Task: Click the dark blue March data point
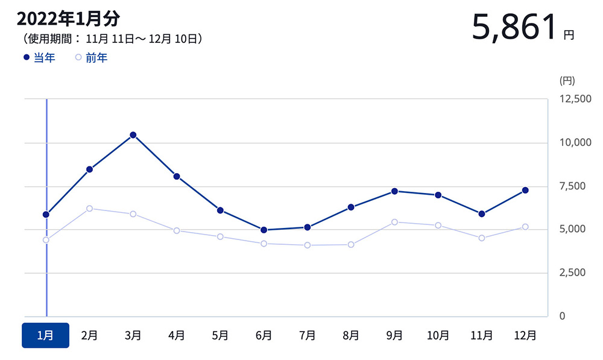(133, 135)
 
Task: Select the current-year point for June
(264, 230)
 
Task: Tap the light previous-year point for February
(89, 209)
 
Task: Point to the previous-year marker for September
(394, 222)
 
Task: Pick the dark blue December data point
(525, 191)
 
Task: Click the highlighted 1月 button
(46, 335)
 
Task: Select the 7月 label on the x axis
(307, 335)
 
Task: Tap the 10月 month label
(438, 335)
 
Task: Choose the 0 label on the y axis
(562, 316)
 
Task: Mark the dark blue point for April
(177, 177)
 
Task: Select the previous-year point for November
(482, 238)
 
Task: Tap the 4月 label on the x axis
(177, 335)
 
